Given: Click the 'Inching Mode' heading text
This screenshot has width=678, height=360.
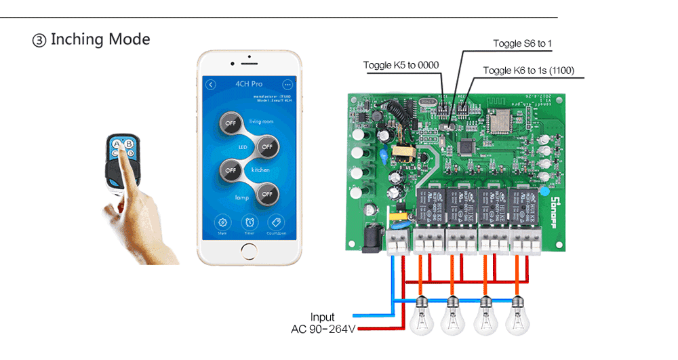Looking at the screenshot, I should (x=100, y=39).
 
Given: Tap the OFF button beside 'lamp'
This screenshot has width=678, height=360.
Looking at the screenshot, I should (x=267, y=194).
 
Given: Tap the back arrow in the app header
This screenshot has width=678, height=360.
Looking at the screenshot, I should (x=211, y=85).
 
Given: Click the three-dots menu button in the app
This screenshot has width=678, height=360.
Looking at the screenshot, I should (x=287, y=85).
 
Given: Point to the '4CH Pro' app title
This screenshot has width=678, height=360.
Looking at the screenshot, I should (x=249, y=85).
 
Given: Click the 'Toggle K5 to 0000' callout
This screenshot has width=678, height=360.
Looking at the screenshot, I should (x=401, y=66).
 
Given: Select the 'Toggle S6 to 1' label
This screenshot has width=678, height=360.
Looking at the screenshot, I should (x=522, y=44).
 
